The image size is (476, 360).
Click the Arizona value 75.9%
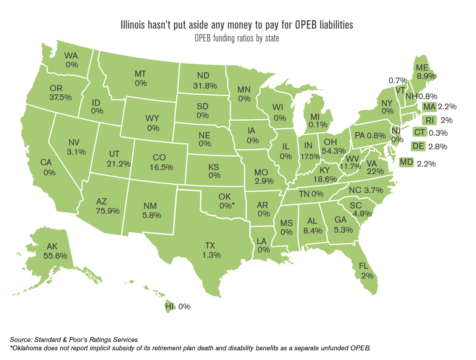pyautogui.click(x=108, y=211)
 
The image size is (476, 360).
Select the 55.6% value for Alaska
pyautogui.click(x=56, y=255)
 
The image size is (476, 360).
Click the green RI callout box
pyautogui.click(x=429, y=120)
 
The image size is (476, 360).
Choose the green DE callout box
pyautogui.click(x=417, y=146)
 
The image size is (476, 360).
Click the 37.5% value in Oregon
pyautogui.click(x=60, y=97)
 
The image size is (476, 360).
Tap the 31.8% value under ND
pyautogui.click(x=205, y=85)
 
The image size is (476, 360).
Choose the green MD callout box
pyautogui.click(x=406, y=163)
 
